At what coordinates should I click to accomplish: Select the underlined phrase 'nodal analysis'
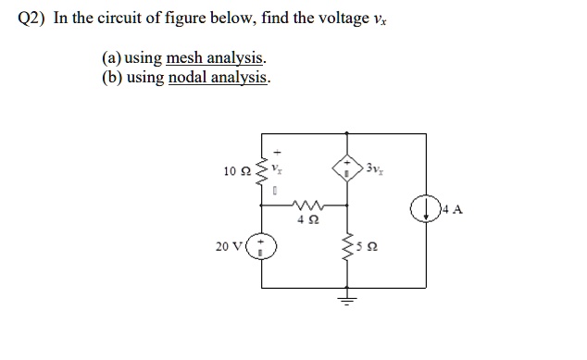click(219, 78)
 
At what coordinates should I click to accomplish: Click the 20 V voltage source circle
click(262, 246)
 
